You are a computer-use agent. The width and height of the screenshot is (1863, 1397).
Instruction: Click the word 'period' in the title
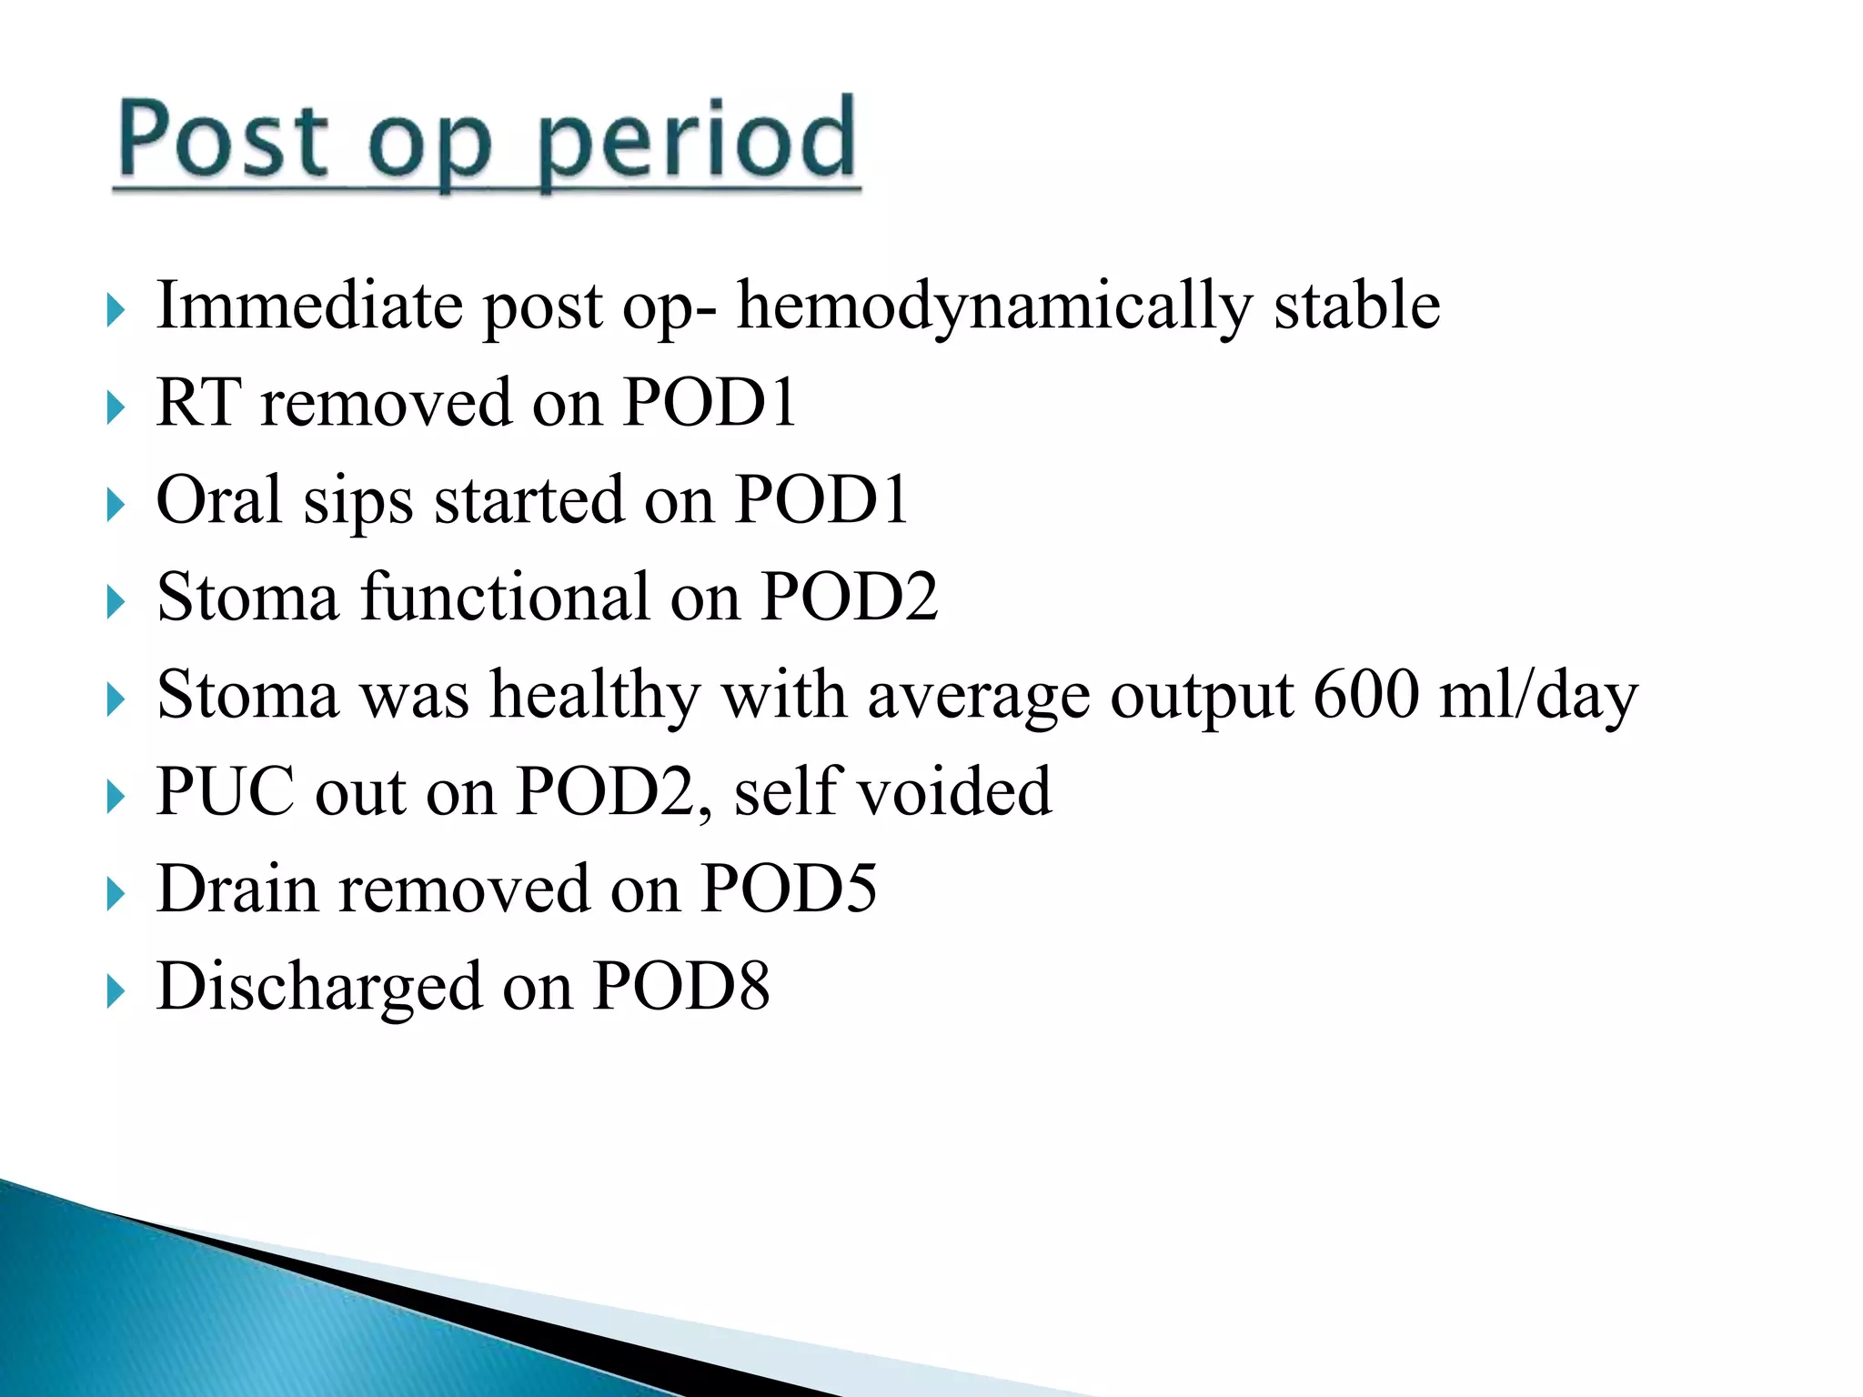click(x=696, y=141)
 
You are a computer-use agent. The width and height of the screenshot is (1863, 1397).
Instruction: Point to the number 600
click(x=1366, y=694)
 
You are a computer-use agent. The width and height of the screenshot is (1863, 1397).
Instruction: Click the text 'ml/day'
click(x=1538, y=696)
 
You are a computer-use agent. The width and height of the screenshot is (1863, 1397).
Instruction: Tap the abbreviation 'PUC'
click(x=226, y=791)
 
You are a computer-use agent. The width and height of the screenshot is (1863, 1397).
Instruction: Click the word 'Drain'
click(x=237, y=889)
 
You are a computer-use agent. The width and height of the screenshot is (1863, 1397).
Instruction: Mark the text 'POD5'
click(x=789, y=889)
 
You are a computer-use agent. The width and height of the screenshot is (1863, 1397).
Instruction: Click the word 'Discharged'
click(x=318, y=988)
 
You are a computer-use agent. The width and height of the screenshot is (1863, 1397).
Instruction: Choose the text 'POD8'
click(x=681, y=986)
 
